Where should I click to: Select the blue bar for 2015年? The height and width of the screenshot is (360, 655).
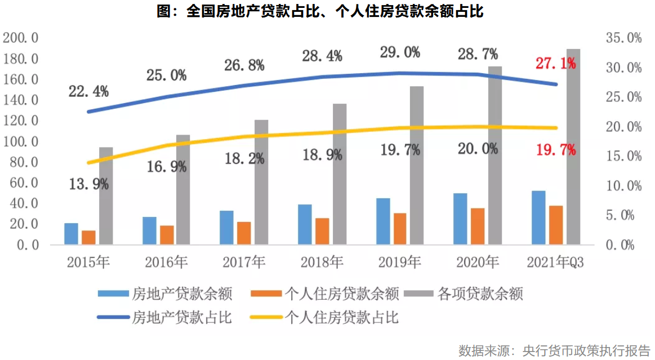pos(71,234)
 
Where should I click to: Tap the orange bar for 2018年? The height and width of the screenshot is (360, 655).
pos(322,231)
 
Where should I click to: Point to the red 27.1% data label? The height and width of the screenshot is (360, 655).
pos(555,63)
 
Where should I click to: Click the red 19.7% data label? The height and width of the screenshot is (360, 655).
pos(555,150)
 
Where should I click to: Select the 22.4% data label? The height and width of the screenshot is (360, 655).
pos(88,91)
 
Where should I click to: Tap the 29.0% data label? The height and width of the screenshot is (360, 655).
pos(400,53)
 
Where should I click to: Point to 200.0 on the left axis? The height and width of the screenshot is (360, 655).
pos(20,38)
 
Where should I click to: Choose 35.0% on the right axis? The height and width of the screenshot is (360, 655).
pos(623,38)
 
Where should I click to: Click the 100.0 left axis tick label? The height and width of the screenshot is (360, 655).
pos(20,141)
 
